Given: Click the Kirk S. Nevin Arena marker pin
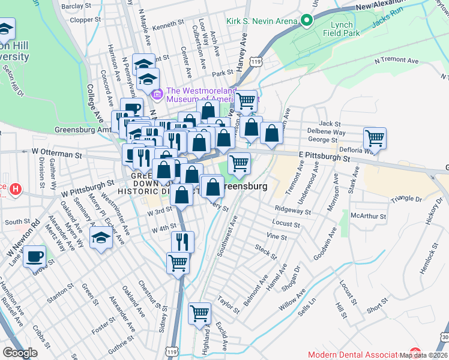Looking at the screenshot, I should click(307, 22).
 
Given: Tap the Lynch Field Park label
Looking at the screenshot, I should click(346, 29).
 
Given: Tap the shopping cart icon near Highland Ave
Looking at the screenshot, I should click(199, 313).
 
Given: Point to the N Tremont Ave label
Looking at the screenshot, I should click(396, 61).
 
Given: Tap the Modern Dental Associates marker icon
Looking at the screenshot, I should click(415, 353).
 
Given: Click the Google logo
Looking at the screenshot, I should click(20, 352).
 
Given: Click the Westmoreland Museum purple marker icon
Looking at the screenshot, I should click(158, 94).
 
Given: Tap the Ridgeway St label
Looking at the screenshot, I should click(292, 211).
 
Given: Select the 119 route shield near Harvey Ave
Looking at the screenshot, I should click(256, 62).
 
